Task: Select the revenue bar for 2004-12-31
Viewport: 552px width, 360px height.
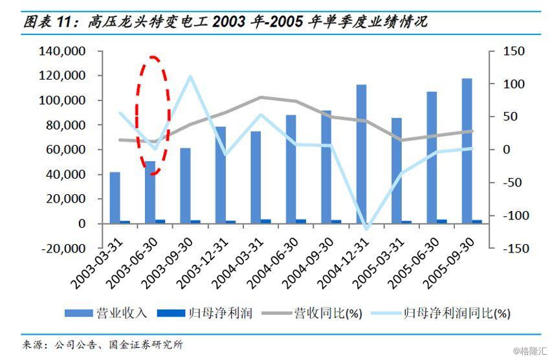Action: point(361,154)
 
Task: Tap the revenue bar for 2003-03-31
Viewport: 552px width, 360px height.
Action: point(115,197)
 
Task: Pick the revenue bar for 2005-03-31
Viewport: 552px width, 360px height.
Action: point(396,171)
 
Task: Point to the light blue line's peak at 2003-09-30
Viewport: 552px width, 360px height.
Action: point(190,76)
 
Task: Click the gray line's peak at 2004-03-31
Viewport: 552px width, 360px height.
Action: point(260,97)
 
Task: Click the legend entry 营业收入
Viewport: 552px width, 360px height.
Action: point(106,313)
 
